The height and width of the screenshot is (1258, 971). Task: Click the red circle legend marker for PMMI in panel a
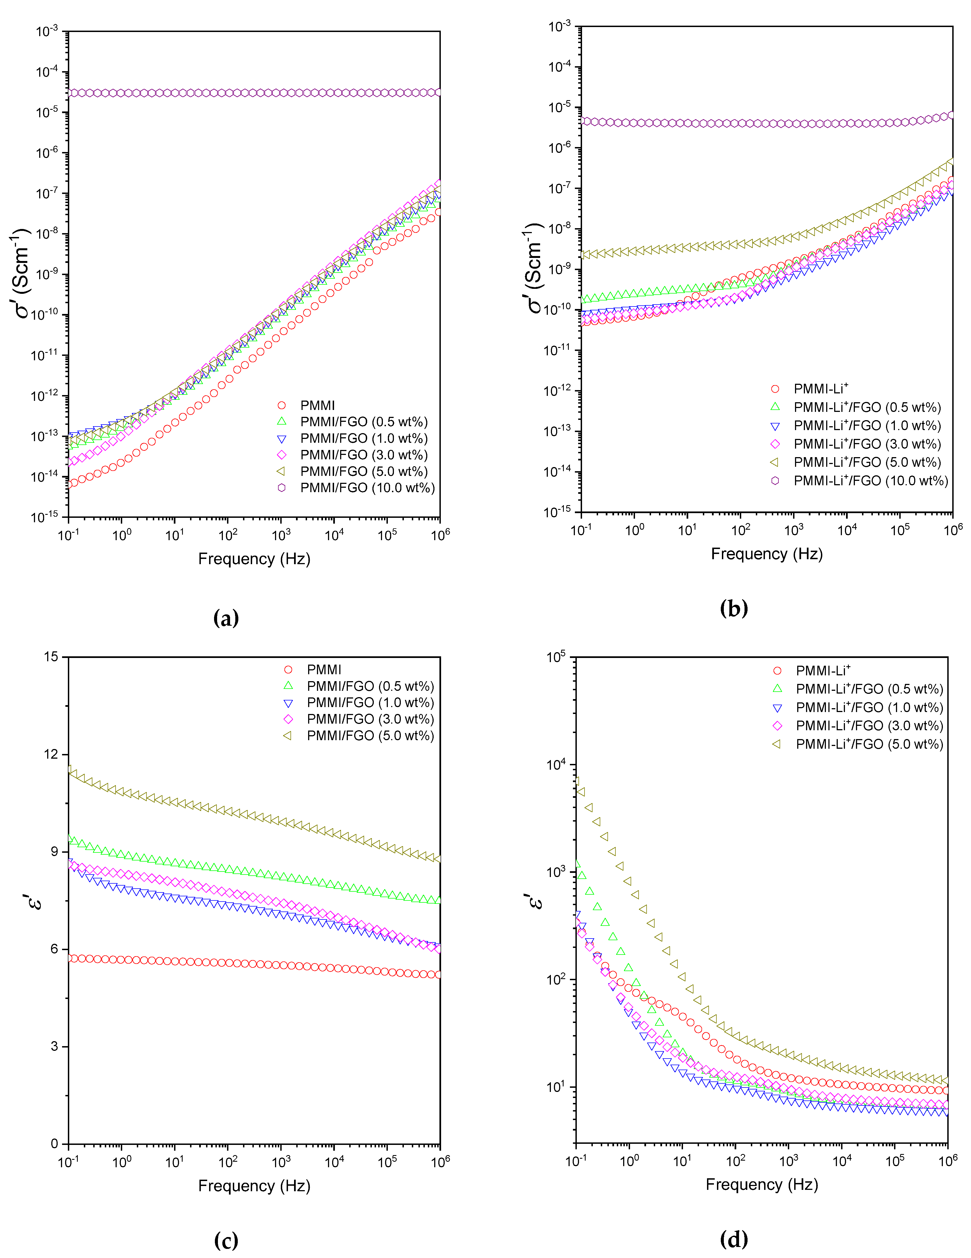pyautogui.click(x=282, y=406)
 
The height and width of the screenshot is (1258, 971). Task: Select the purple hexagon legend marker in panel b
pyautogui.click(x=775, y=480)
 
